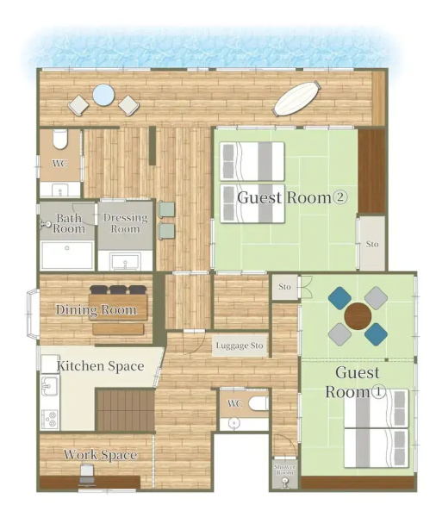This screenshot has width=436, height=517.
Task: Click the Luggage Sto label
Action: pyautogui.click(x=240, y=346)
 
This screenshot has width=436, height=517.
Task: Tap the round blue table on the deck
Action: pyautogui.click(x=103, y=96)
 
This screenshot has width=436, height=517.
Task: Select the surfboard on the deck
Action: pyautogui.click(x=296, y=98)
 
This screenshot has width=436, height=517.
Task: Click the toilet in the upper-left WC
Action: pyautogui.click(x=60, y=139)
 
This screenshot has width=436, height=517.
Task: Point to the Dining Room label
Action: pyautogui.click(x=96, y=310)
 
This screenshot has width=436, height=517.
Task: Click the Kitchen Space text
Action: pyautogui.click(x=100, y=366)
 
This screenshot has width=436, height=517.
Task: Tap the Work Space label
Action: pyautogui.click(x=100, y=455)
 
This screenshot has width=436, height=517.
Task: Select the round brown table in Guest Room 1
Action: pyautogui.click(x=358, y=316)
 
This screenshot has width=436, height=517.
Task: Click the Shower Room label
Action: pyautogui.click(x=285, y=470)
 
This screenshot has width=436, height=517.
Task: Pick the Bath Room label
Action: pyautogui.click(x=69, y=223)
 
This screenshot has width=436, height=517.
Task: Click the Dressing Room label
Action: pyautogui.click(x=125, y=223)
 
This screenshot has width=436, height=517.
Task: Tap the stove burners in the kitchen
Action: pyautogui.click(x=51, y=420)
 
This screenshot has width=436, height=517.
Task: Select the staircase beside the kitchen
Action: pyautogui.click(x=125, y=410)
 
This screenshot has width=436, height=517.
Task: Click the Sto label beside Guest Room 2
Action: pyautogui.click(x=372, y=245)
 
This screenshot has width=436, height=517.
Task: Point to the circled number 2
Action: pyautogui.click(x=340, y=197)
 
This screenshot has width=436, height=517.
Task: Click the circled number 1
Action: pyautogui.click(x=378, y=391)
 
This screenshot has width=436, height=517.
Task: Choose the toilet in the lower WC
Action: pyautogui.click(x=258, y=403)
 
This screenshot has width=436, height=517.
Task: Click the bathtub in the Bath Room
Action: pyautogui.click(x=67, y=254)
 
